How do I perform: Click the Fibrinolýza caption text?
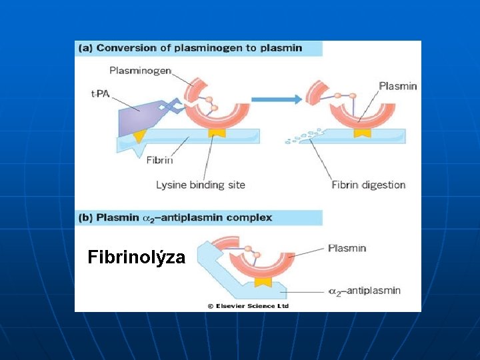coord(136,257)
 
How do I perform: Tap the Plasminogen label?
coord(141,71)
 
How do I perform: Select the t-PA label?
coord(100,93)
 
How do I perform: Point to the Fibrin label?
coord(159,159)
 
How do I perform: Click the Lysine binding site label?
coord(201,185)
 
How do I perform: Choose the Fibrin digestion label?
coord(368,185)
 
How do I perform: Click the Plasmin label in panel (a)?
coord(397,86)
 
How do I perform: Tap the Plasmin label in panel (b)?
coord(347,248)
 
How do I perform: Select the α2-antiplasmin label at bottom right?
coord(365,291)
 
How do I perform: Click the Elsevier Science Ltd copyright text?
coord(247,306)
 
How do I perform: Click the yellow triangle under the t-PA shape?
coord(138,136)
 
